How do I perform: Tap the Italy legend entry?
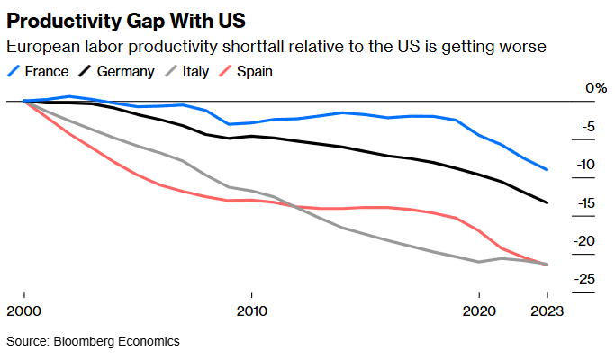point(194,70)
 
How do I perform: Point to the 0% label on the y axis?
point(596,88)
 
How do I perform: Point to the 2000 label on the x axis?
point(25,312)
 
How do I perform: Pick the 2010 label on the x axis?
point(252,312)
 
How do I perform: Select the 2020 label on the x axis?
point(479,312)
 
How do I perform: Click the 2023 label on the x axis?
point(546,312)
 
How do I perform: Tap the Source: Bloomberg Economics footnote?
point(94,341)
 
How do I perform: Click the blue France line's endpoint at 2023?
point(547,169)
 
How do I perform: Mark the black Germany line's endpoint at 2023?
point(547,202)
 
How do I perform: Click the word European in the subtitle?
point(39,47)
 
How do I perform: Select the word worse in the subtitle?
point(520,47)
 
